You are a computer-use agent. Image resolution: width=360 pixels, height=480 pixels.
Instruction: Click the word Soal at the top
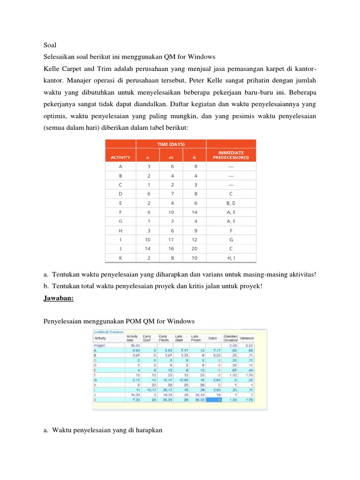point(50,45)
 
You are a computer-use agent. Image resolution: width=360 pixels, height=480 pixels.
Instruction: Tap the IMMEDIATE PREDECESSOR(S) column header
point(231,155)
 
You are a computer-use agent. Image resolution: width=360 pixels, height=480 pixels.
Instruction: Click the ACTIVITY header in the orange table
point(120,158)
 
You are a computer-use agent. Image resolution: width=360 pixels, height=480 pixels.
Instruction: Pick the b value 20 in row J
point(194,248)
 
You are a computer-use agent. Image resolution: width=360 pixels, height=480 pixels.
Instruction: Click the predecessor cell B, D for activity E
point(231,203)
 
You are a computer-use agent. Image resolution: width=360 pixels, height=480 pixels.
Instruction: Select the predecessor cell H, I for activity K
point(231,258)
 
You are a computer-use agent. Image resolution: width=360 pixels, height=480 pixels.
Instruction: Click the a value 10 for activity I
point(148,240)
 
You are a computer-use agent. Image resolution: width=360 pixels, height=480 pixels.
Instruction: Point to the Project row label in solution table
point(100,345)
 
